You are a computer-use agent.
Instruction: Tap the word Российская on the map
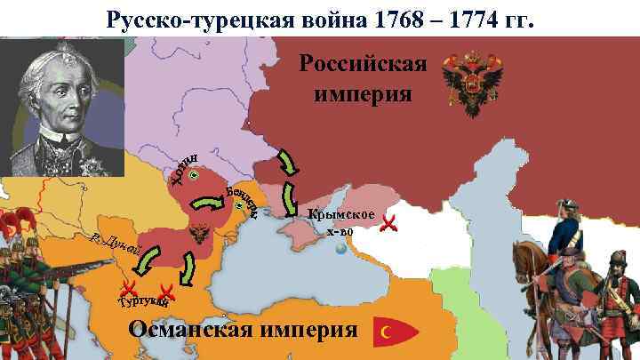pos(364,66)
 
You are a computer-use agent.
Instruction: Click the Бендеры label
pos(242,200)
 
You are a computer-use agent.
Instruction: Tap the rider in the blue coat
pos(564,240)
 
